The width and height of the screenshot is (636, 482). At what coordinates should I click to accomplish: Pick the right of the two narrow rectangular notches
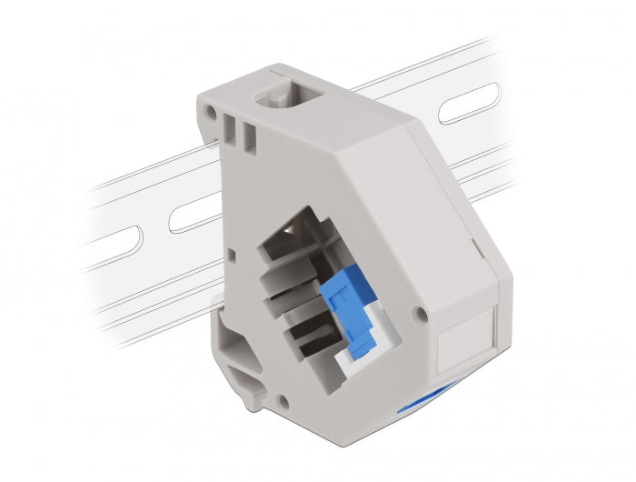[x=246, y=134]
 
